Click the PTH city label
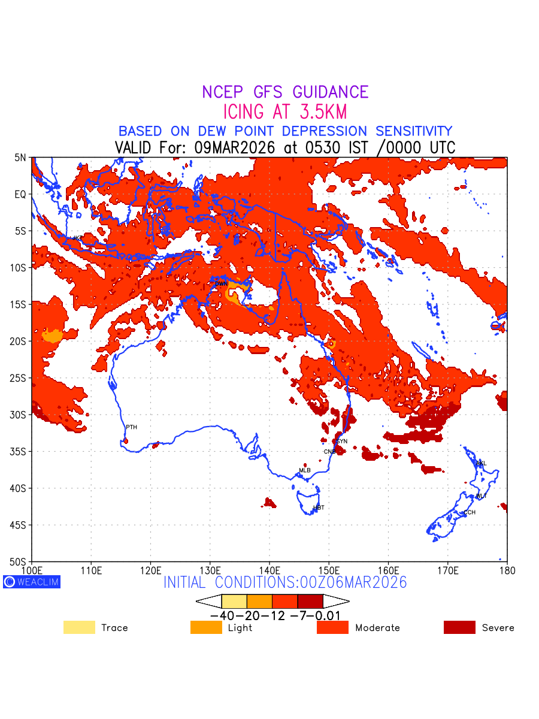(x=131, y=427)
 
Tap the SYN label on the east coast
(x=342, y=442)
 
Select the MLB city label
(x=305, y=470)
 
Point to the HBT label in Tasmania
(x=319, y=507)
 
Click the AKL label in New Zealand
(x=481, y=464)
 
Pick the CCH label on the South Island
(x=470, y=512)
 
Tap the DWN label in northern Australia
(x=221, y=283)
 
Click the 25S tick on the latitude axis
(x=20, y=378)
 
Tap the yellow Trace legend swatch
(x=79, y=627)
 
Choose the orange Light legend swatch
(x=206, y=627)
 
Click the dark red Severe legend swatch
(x=459, y=627)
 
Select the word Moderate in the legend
(x=377, y=628)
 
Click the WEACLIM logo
(x=32, y=581)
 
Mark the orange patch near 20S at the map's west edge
(x=52, y=336)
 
